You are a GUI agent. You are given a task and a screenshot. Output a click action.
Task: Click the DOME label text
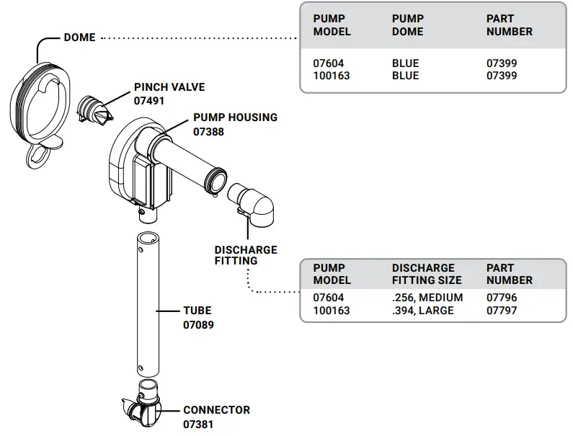click(79, 37)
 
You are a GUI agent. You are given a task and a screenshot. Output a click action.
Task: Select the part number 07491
click(149, 101)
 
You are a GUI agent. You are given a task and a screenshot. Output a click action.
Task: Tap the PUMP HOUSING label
click(235, 117)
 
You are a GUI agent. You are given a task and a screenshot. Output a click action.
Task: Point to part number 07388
click(208, 132)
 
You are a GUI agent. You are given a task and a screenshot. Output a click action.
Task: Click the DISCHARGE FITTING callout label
click(245, 255)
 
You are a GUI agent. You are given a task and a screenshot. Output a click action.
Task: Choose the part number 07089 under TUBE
click(198, 325)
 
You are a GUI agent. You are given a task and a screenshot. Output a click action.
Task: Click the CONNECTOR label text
click(216, 410)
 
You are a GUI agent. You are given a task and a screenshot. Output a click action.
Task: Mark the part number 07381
click(198, 424)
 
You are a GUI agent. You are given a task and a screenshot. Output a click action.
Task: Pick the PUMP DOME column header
click(407, 25)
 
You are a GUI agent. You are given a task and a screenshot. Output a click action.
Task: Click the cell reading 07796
click(502, 298)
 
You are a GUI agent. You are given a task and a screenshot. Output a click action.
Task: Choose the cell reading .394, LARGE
click(423, 311)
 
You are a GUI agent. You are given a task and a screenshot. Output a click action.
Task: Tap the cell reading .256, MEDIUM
click(427, 298)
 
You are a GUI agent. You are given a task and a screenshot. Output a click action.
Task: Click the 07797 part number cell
click(502, 311)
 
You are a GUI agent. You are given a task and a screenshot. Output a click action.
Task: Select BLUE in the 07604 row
click(405, 63)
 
